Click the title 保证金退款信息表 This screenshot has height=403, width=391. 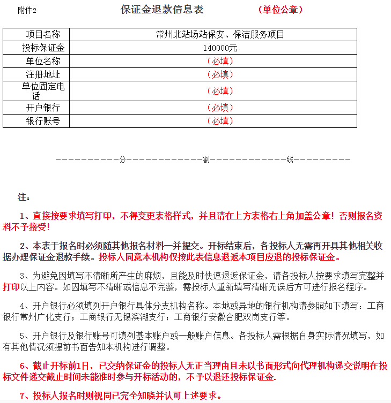click(162, 10)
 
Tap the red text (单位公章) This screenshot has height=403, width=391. click(280, 10)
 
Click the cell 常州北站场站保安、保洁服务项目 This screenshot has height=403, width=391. click(219, 35)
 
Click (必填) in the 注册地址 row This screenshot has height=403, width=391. click(219, 74)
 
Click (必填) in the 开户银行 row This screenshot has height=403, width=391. click(219, 108)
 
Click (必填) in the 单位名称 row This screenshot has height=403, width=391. click(219, 61)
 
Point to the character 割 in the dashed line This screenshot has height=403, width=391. click(206, 159)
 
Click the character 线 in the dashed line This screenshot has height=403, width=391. click(290, 159)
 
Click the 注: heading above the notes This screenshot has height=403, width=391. click(24, 197)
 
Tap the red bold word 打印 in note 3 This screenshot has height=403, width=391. click(11, 287)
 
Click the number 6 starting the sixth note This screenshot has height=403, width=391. click(23, 366)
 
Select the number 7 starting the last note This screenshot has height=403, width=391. click(23, 396)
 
